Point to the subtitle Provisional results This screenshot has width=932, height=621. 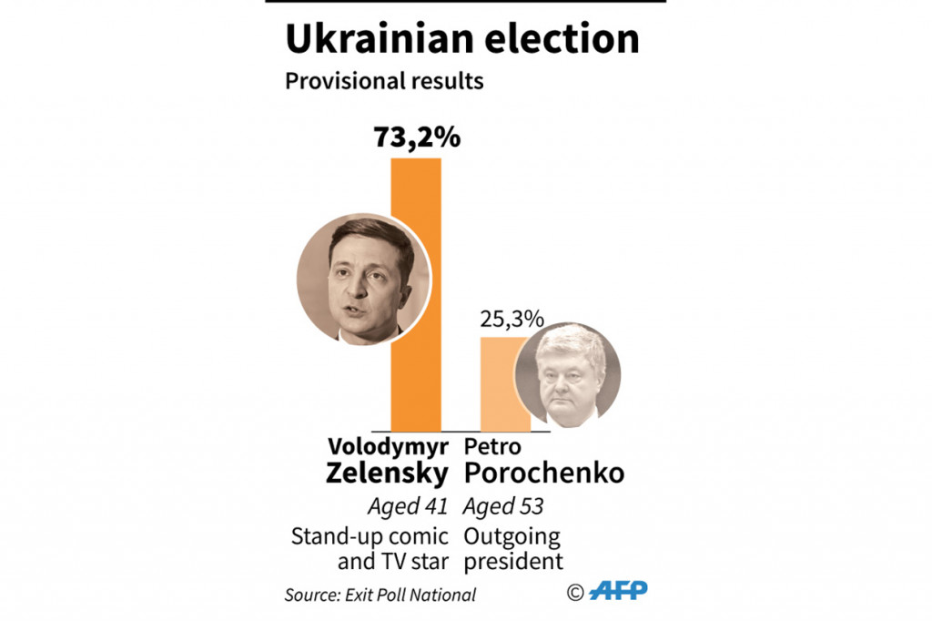coord(384,81)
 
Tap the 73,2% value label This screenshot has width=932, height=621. coord(417,137)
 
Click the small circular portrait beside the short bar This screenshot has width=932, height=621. coord(568,374)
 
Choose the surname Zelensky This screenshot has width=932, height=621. coord(388,473)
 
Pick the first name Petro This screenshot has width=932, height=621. coord(491,448)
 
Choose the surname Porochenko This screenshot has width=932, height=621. coord(544,473)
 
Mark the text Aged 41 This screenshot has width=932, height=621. coord(407,505)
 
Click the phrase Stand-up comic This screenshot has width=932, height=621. coord(370,535)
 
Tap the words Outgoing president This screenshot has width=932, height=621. coord(513,548)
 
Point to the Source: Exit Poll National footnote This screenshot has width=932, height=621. coord(380,595)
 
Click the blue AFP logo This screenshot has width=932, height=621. coord(618,591)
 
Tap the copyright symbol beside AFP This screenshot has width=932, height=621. coord(575,593)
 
